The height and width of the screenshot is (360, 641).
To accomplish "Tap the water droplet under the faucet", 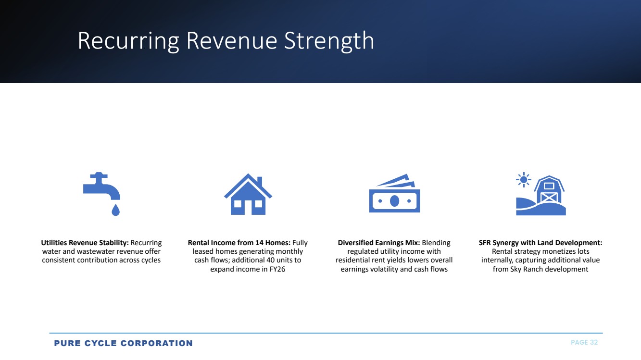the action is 115,210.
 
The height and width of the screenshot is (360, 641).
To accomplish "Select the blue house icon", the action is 248,194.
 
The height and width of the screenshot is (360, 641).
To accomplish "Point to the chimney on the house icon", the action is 260,181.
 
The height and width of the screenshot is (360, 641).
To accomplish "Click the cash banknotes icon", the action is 395,193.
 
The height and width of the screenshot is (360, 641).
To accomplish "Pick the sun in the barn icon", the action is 524,180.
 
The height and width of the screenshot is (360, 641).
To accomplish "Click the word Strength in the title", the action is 329,41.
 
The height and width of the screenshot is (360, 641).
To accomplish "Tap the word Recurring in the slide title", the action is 129,41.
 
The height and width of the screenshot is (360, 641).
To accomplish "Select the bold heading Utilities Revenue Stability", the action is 85,243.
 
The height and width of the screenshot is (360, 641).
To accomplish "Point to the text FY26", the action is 277,269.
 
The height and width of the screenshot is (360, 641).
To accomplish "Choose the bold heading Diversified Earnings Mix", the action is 379,243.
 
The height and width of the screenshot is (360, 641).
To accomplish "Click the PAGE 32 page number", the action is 584,343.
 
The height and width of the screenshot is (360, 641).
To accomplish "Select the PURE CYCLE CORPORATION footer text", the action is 123,343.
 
